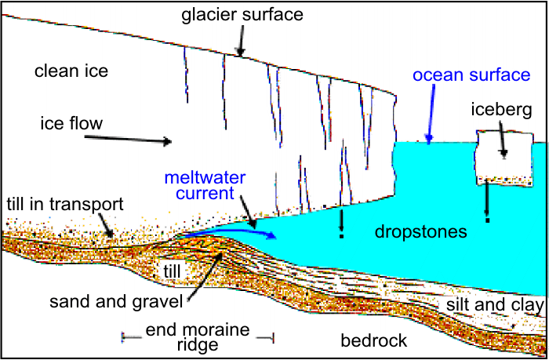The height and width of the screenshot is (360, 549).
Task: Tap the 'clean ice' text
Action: [x=71, y=72]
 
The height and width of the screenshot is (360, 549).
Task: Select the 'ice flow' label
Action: [x=71, y=124]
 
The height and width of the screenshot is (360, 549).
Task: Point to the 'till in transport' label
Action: [x=64, y=205]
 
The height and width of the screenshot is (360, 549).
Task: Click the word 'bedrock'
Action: [x=375, y=340]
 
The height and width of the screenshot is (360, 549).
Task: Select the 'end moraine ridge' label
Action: [x=198, y=337]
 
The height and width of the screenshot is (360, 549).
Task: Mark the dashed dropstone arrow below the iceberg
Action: [x=486, y=202]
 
